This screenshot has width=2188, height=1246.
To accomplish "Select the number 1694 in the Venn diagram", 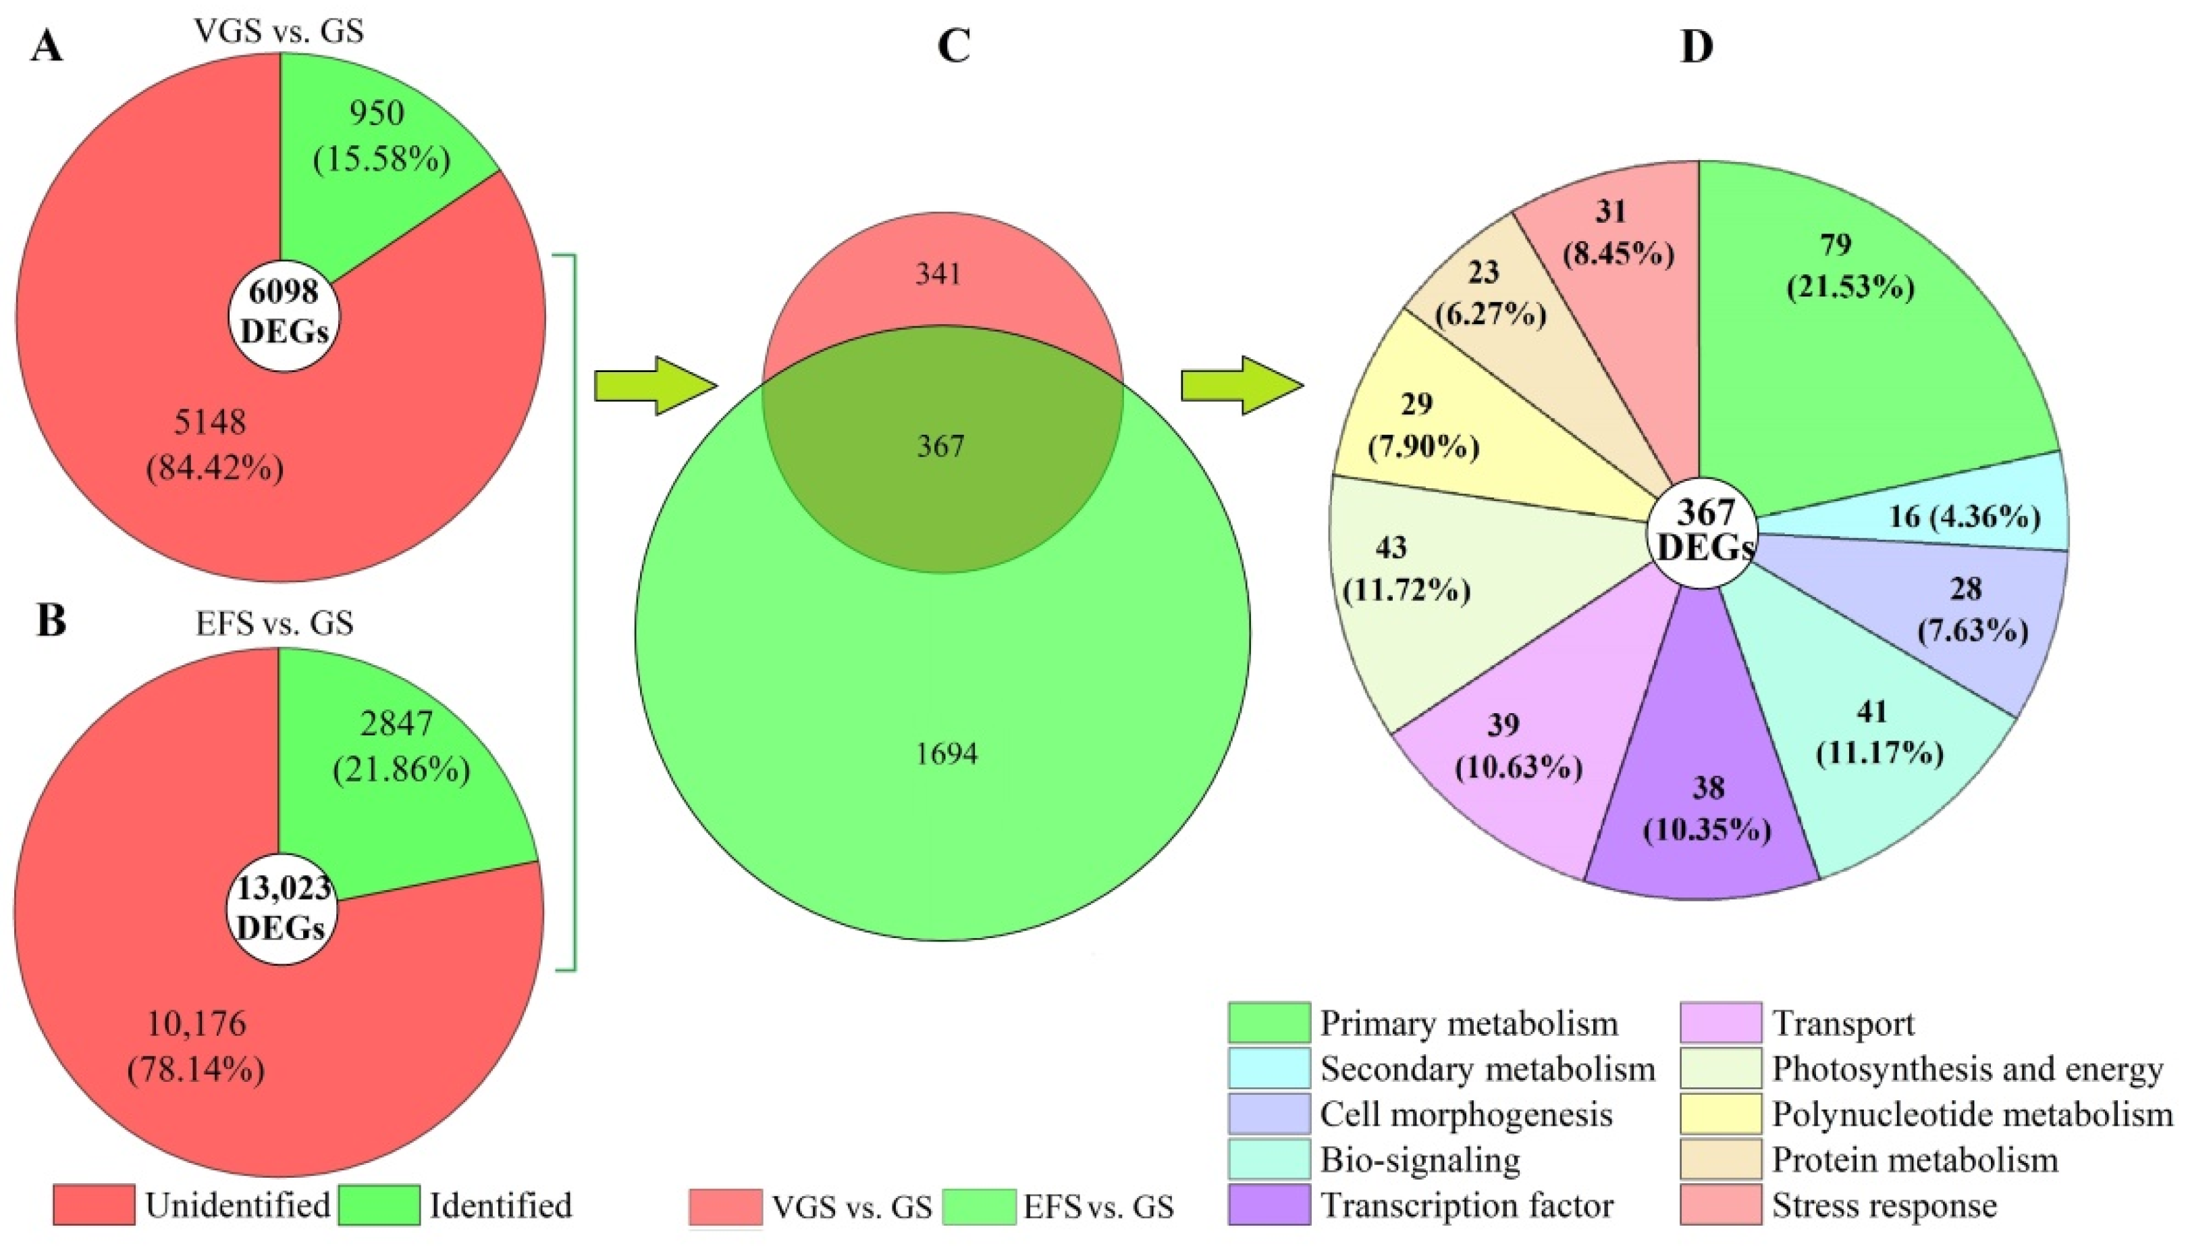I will tap(946, 754).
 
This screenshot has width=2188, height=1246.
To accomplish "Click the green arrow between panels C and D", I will tap(1241, 386).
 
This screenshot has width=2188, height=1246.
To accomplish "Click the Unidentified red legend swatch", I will tap(93, 1205).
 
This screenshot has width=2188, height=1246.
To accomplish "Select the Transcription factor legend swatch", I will tap(1269, 1205).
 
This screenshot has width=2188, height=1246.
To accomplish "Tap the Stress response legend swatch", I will tap(1720, 1205).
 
